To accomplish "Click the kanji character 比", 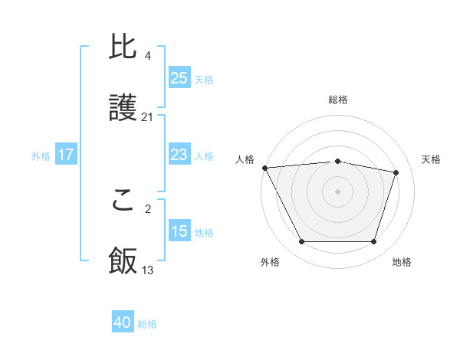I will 123,48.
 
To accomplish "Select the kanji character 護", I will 123,108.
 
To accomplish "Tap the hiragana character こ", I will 123,201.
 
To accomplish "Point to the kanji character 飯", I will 123,261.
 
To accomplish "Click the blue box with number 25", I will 179,78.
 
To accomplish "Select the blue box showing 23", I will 179,155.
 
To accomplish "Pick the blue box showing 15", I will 179,231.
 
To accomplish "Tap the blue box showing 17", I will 66,155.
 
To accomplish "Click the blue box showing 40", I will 123,323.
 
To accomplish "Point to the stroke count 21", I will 148,117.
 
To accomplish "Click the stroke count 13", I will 148,270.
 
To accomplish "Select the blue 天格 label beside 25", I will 204,79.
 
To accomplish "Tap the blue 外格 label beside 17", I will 41,155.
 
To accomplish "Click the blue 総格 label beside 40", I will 147,324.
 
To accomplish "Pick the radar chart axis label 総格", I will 338,100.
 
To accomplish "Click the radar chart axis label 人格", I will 244,159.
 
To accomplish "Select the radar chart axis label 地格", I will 402,262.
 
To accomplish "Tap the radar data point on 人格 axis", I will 264,168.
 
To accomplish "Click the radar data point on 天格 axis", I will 396,172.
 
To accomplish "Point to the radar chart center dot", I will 337,191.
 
